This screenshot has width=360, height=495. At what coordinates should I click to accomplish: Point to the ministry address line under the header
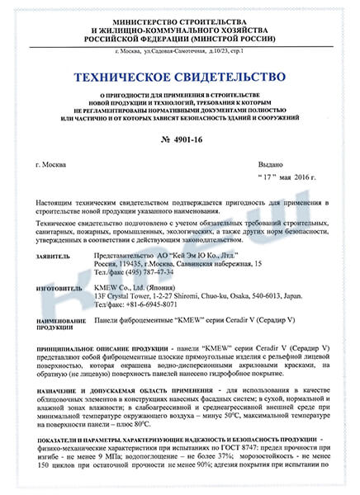point(180,51)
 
